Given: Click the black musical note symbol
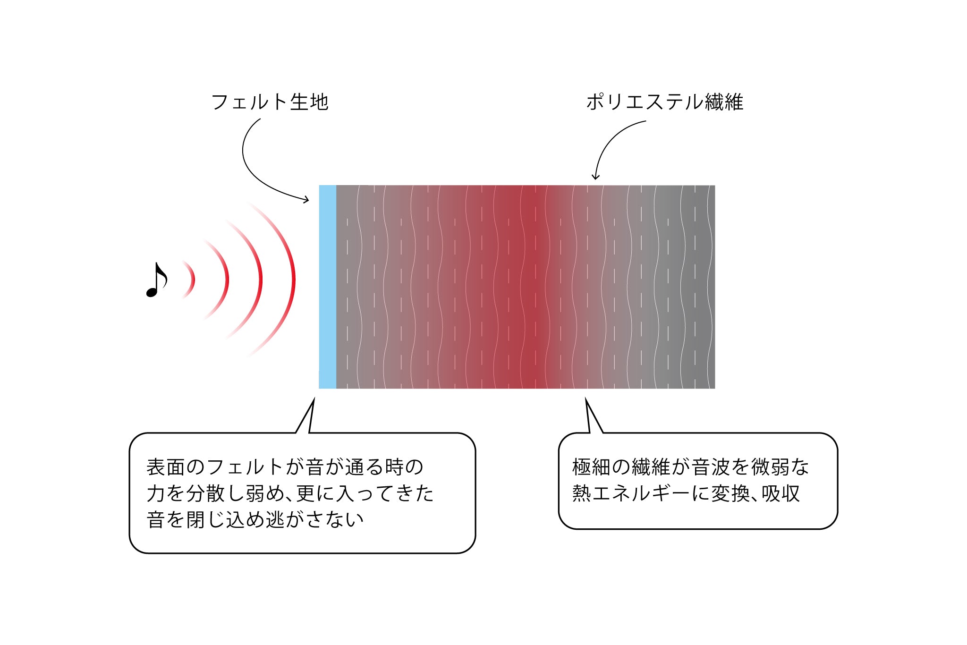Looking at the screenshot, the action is point(156,280).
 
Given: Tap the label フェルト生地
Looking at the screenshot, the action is point(270,102).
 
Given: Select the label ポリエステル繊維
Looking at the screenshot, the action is point(665,102).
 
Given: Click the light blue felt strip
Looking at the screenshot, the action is point(328,287).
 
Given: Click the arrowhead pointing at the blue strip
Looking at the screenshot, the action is point(306,200).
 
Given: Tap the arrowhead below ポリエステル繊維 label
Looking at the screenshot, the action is point(595,177).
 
